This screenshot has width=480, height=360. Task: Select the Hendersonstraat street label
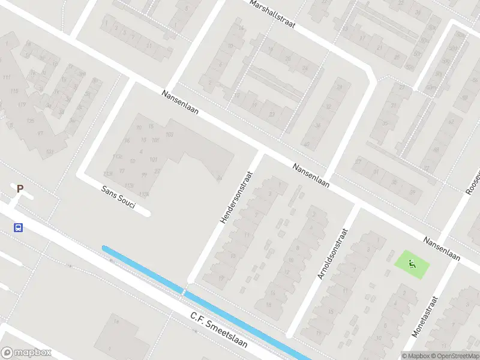click(236, 197)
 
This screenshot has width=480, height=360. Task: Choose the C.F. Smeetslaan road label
click(218, 328)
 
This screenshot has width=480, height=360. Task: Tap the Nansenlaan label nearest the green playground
click(442, 248)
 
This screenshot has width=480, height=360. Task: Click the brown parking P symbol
click(20, 189)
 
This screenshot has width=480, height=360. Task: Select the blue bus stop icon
click(19, 227)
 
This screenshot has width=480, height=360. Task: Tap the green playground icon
click(412, 263)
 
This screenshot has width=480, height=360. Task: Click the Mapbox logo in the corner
click(26, 353)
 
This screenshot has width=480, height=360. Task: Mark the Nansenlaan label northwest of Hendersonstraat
click(180, 103)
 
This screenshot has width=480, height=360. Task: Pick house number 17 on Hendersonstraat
click(221, 277)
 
